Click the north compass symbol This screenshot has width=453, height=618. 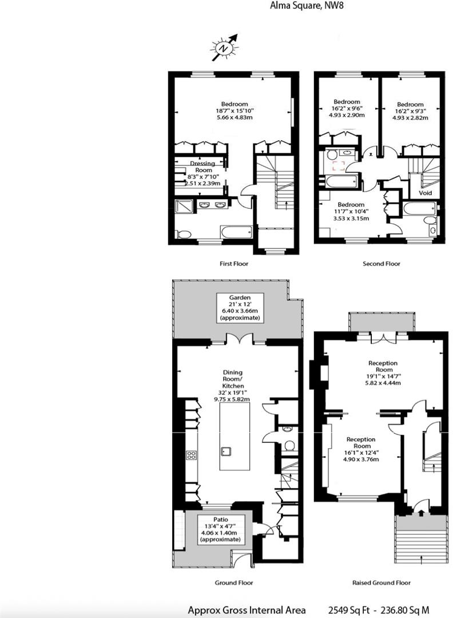point(224,48)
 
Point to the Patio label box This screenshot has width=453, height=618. point(220,529)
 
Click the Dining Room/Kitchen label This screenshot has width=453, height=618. point(232,386)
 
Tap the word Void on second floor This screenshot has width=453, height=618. point(425,193)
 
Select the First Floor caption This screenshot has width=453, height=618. point(234,264)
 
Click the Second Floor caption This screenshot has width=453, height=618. point(381,264)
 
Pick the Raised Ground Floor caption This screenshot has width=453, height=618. point(381,583)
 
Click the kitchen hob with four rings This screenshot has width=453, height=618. point(192,455)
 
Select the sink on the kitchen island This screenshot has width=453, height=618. point(226,451)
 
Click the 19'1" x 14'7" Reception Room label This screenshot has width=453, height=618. point(383,373)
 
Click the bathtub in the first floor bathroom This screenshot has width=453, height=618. point(236,232)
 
